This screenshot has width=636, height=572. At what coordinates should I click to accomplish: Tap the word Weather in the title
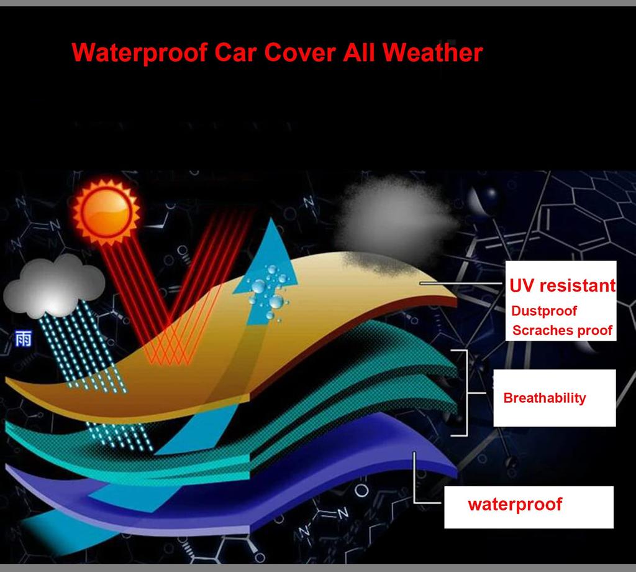coord(432,52)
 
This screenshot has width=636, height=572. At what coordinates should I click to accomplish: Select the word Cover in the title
coord(299,52)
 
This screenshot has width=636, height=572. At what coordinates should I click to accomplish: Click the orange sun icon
coord(106,212)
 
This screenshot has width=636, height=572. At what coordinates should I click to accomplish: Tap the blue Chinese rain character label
coord(23,339)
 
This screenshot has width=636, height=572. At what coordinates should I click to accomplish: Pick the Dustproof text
coord(544,311)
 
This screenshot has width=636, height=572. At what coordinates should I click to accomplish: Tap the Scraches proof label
coord(562,330)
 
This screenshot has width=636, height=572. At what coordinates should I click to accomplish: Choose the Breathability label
coord(545,398)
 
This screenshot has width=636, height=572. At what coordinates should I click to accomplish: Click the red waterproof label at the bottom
coord(515,504)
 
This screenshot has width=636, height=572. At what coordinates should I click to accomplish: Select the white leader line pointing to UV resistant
coord(463,283)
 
